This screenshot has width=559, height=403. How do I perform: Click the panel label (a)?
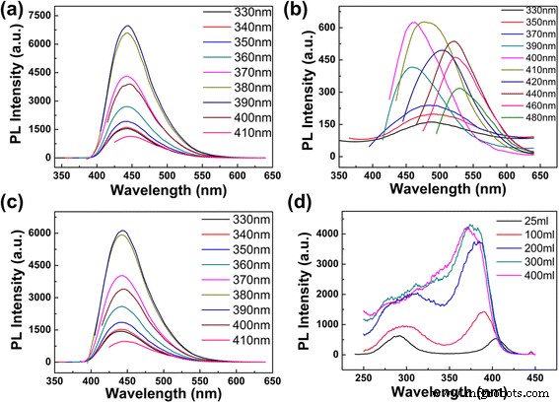[x=14, y=13]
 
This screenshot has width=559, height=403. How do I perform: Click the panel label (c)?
[x=14, y=213]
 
